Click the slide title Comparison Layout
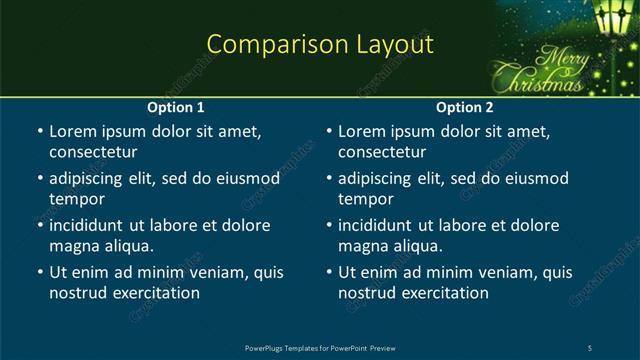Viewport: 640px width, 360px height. (319, 45)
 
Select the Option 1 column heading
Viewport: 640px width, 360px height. (176, 107)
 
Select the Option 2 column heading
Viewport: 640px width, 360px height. (465, 107)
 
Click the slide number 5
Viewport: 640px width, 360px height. (590, 347)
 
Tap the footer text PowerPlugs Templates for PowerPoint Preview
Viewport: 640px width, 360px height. (319, 347)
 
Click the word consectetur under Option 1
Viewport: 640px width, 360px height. (92, 152)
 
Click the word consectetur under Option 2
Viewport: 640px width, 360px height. (382, 152)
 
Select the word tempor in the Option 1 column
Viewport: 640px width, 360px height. (76, 199)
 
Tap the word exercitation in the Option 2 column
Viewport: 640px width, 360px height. (445, 293)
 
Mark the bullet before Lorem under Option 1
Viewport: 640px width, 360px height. (39, 132)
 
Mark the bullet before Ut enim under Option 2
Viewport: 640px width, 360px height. (329, 273)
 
